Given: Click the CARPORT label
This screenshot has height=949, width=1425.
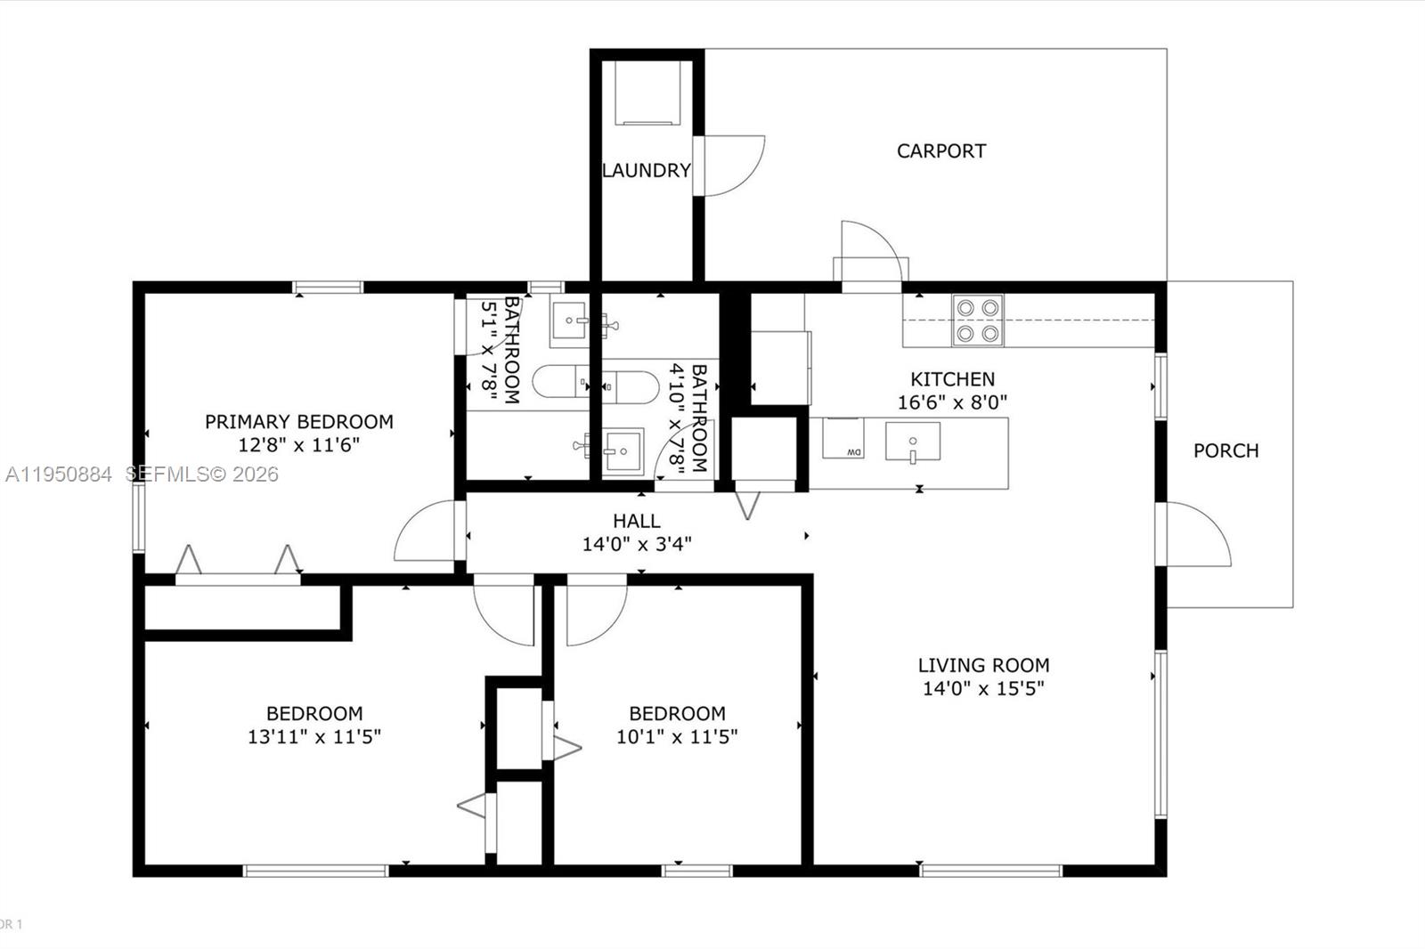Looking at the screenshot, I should [940, 151].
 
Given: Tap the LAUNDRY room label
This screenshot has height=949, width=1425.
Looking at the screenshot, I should [647, 170].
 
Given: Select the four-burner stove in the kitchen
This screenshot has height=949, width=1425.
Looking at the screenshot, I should [977, 320].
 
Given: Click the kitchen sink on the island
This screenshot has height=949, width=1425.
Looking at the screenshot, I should [912, 442].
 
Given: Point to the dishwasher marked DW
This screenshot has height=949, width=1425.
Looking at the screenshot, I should [843, 439].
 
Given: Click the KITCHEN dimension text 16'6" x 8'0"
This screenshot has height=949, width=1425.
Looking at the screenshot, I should [952, 402].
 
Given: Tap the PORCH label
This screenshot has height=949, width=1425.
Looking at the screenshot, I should [1225, 450].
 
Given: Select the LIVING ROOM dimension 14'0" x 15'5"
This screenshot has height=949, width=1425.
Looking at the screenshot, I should [983, 688].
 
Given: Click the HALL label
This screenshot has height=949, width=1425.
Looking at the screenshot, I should [636, 521].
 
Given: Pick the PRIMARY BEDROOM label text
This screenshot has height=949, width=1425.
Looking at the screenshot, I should [298, 422].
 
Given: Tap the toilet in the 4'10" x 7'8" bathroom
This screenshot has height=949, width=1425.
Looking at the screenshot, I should [631, 386].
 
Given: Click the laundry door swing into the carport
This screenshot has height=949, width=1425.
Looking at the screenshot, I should [732, 166].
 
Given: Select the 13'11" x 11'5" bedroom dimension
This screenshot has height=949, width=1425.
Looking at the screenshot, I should [314, 736].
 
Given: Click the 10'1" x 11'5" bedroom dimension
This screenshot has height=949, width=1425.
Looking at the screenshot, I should [677, 736].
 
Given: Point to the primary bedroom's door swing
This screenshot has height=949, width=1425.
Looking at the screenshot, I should [425, 532].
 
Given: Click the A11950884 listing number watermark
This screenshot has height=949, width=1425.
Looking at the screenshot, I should [59, 474].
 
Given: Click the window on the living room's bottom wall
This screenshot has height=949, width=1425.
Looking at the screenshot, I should [990, 870].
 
